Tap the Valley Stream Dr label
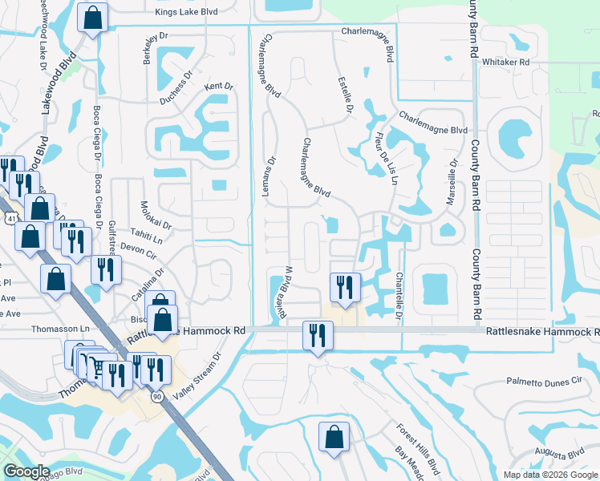click(x=206, y=373)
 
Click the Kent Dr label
click(x=218, y=86)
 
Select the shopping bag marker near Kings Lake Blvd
click(x=93, y=18)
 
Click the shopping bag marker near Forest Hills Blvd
click(x=333, y=437)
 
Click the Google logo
click(x=27, y=471)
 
